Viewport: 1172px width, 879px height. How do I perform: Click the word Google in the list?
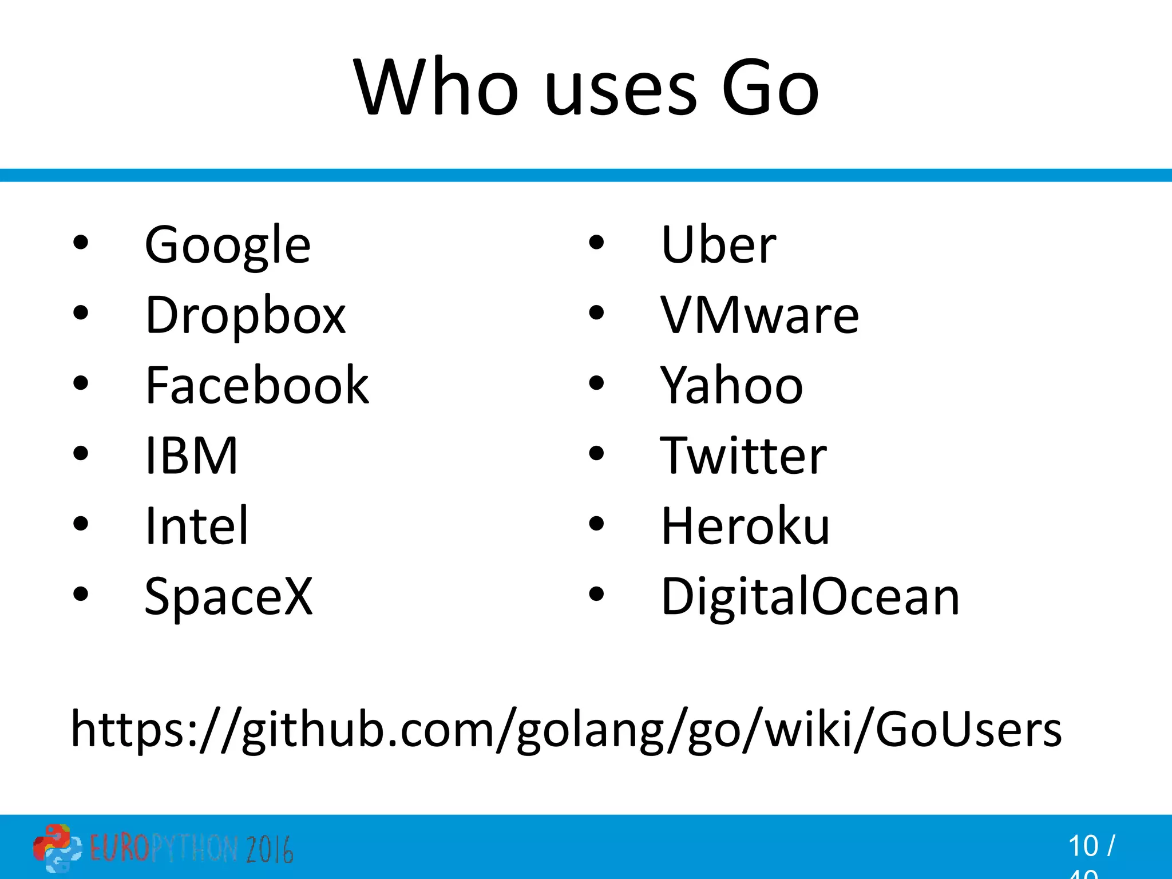click(228, 245)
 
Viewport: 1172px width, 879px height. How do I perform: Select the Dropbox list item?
click(246, 315)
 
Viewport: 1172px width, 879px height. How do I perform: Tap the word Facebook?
click(257, 386)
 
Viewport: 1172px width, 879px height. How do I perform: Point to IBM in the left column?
click(191, 456)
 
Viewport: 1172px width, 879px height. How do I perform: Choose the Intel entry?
click(196, 525)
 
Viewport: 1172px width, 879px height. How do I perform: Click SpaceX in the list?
click(228, 596)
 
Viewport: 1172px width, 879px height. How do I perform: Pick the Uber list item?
click(718, 245)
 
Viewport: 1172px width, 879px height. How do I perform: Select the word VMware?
click(759, 315)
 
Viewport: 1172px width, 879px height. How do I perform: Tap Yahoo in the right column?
click(731, 386)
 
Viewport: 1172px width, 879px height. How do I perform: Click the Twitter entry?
click(743, 456)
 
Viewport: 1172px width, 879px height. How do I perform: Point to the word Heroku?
click(745, 525)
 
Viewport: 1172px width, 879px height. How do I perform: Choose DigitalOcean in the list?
click(810, 596)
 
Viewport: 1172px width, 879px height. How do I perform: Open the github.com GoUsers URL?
click(566, 730)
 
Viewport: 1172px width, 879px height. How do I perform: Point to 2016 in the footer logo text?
click(270, 849)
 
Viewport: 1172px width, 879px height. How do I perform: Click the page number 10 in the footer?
click(1083, 846)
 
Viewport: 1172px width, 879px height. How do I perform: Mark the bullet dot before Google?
click(81, 243)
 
